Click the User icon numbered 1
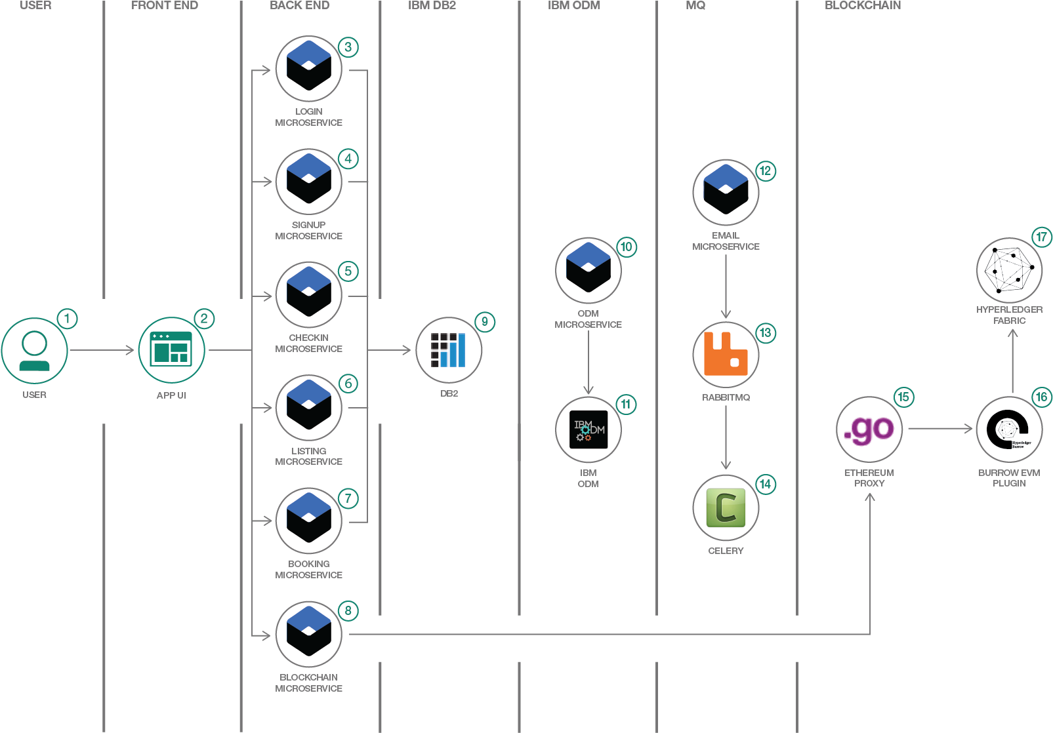coord(34,351)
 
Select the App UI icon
coord(171,350)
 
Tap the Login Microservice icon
coord(309,68)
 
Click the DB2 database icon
coord(449,350)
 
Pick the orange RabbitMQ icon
coord(726,355)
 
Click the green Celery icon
coord(726,508)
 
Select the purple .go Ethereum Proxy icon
coord(869,429)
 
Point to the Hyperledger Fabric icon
coord(1009,270)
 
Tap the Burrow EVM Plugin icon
coord(1009,429)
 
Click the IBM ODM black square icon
coord(588,429)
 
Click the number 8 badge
coord(348,611)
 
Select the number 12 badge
coord(765,171)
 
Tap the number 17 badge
coord(1041,237)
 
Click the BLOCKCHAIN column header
coord(862,5)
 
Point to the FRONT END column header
coord(165,5)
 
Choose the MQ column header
coord(695,5)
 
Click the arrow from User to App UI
coord(102,350)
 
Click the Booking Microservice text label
coord(308,569)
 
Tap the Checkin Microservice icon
coord(309,294)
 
